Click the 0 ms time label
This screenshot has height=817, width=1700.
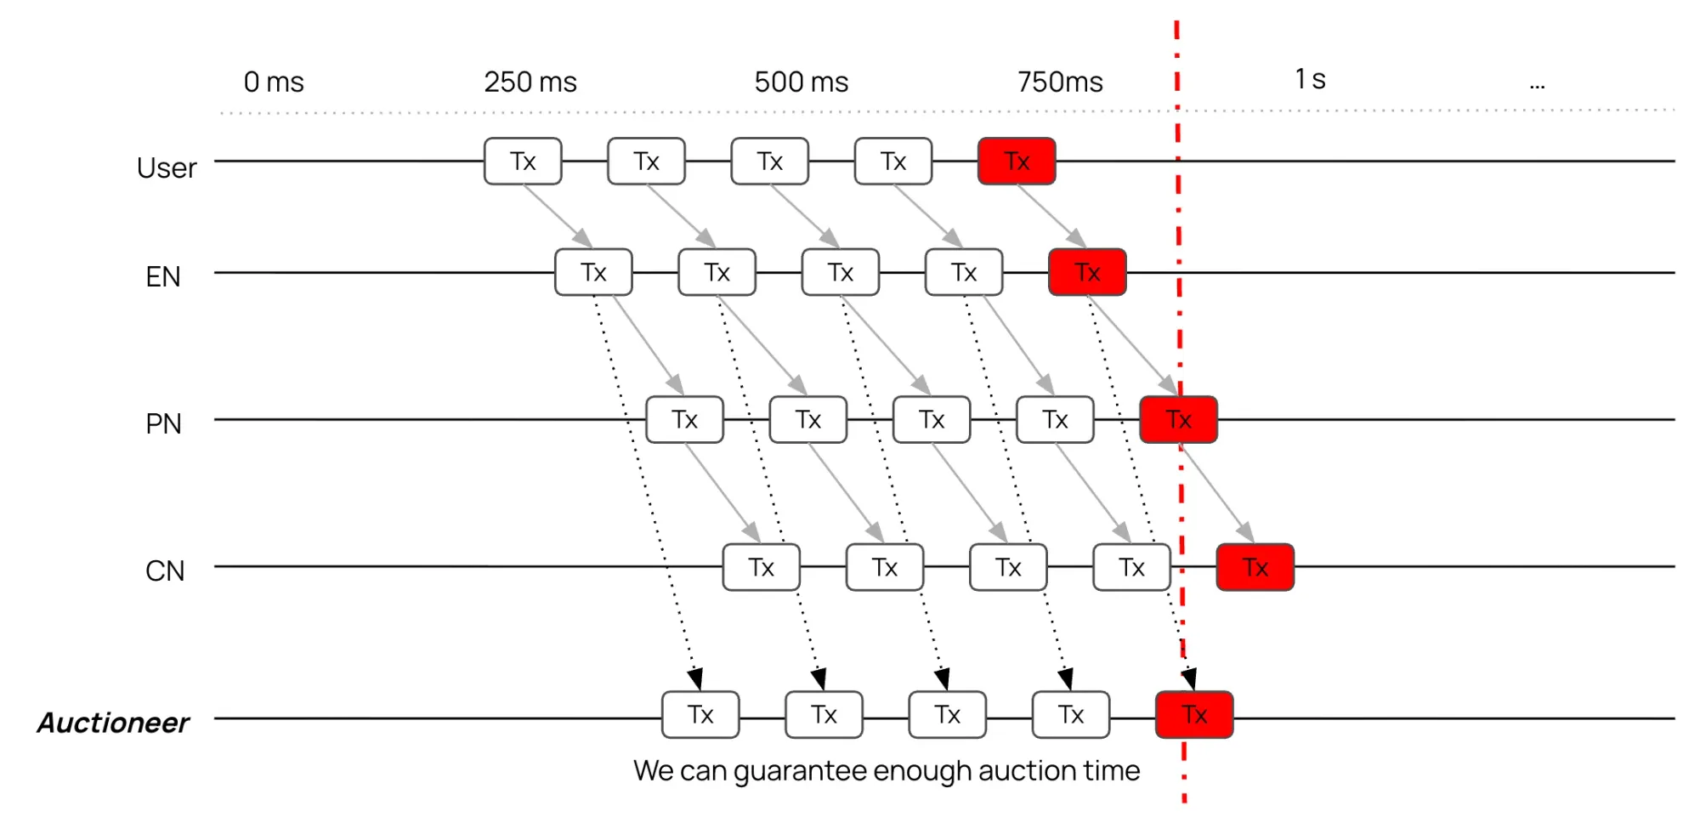(274, 82)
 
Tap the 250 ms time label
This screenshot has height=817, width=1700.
(530, 82)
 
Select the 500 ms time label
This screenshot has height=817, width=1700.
(801, 82)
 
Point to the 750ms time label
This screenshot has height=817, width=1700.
(1060, 82)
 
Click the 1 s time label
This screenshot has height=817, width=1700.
(1310, 80)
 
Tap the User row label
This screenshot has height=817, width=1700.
(167, 168)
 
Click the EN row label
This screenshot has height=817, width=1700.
(163, 277)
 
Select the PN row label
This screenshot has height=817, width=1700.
(163, 423)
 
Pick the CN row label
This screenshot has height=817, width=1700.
(165, 570)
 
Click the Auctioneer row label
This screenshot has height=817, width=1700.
(113, 723)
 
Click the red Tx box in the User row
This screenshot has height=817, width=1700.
(1017, 162)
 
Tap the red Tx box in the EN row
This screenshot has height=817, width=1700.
(1087, 272)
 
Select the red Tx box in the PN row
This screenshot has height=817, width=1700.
(1178, 420)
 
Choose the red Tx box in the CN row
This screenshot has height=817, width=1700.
(1255, 567)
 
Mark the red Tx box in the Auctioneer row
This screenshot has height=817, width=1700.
(1193, 715)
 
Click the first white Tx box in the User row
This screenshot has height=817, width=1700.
(523, 162)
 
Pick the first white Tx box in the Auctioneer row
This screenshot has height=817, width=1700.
(700, 715)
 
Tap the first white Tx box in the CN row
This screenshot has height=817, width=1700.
(761, 567)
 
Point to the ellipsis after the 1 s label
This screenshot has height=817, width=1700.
(1537, 85)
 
